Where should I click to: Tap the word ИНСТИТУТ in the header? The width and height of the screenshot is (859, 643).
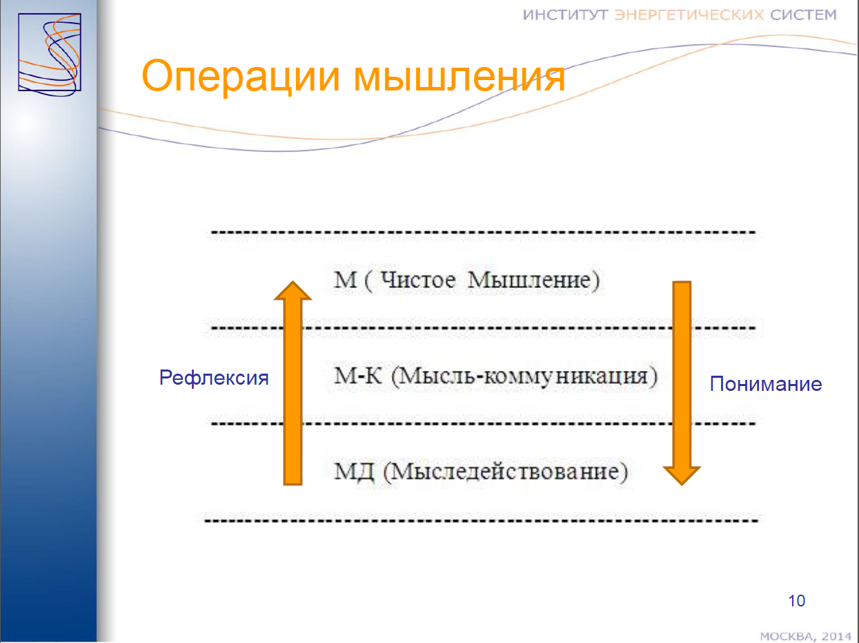pyautogui.click(x=566, y=15)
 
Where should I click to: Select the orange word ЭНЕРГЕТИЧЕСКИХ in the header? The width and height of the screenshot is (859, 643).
pyautogui.click(x=689, y=15)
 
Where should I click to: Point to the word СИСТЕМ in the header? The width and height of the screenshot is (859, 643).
pyautogui.click(x=803, y=15)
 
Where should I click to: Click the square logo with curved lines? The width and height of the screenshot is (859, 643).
pyautogui.click(x=50, y=55)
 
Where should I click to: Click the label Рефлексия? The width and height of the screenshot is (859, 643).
pyautogui.click(x=214, y=378)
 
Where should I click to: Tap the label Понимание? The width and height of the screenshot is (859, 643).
pyautogui.click(x=765, y=384)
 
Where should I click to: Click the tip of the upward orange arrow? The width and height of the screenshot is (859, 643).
pyautogui.click(x=293, y=281)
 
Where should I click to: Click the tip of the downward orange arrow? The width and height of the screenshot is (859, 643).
pyautogui.click(x=682, y=486)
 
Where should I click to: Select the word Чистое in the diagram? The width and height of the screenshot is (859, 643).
pyautogui.click(x=418, y=280)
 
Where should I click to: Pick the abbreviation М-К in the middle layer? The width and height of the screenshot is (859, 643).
pyautogui.click(x=357, y=376)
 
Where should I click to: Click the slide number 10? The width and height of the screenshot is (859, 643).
pyautogui.click(x=796, y=601)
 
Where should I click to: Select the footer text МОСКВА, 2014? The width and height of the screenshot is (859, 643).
pyautogui.click(x=805, y=636)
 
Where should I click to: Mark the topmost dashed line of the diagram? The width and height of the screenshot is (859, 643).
pyautogui.click(x=483, y=233)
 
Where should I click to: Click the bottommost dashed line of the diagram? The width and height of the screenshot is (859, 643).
pyautogui.click(x=482, y=521)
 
